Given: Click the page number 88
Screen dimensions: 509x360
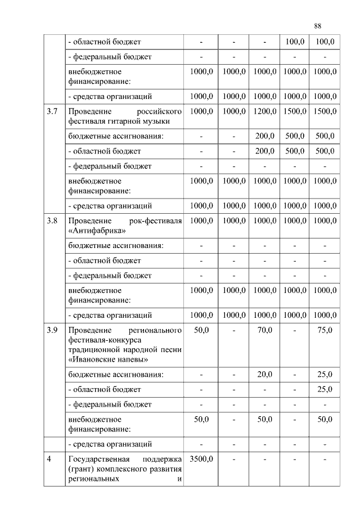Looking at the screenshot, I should coord(318,26).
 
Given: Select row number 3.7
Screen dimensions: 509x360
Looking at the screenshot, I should coord(52,111).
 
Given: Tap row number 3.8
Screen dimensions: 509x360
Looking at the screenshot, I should coord(52,221).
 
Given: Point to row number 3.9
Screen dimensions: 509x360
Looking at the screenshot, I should coord(52,330).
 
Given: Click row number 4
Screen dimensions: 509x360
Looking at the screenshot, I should coord(49,459).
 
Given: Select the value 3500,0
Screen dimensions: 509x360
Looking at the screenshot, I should coord(201,459).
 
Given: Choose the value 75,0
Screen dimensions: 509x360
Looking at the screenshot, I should coord(325,330).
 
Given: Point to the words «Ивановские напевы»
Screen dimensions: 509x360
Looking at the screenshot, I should coord(108,359).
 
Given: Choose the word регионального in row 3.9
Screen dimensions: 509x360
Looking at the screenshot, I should coord(155,330).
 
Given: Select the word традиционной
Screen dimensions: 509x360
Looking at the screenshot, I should coord(93,349).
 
